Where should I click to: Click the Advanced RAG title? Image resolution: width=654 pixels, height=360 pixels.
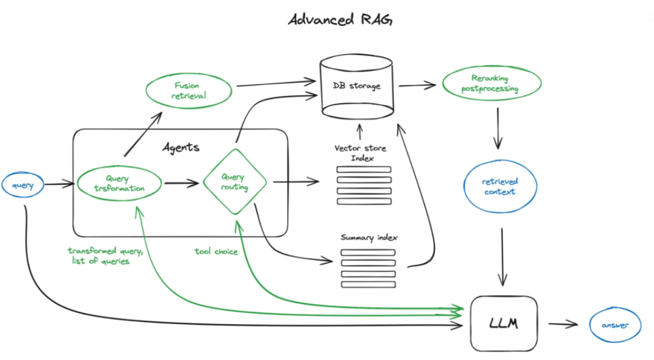tap(340, 19)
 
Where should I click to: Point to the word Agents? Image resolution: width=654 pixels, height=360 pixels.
tap(181, 147)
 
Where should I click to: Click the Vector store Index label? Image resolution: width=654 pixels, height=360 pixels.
tap(361, 153)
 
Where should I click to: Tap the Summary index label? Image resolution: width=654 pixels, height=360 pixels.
tap(369, 237)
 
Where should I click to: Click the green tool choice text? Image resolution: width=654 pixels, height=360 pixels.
tap(216, 251)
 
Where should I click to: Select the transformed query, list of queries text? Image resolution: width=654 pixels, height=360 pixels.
tap(105, 256)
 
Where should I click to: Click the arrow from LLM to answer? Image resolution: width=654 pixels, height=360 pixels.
tap(563, 324)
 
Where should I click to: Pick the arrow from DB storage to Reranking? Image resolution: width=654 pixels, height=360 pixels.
tap(417, 85)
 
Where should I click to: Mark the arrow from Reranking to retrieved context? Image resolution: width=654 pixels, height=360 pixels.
tap(498, 128)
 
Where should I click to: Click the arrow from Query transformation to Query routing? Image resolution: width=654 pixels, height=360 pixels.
tap(181, 182)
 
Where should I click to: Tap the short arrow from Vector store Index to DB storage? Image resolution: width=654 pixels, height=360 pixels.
tap(359, 131)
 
